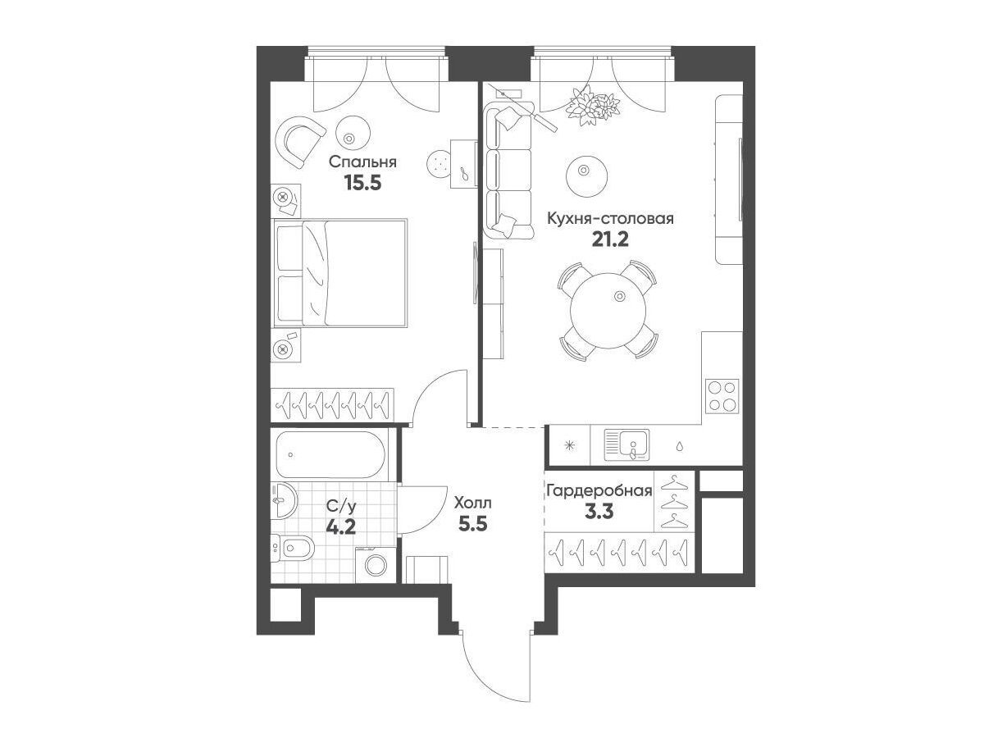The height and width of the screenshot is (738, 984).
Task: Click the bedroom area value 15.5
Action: (362, 182)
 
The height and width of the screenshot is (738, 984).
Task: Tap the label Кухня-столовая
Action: (610, 219)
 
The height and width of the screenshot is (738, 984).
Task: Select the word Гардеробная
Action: (599, 491)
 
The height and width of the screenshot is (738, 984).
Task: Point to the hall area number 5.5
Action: (472, 523)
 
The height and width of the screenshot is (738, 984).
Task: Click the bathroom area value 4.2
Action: (340, 527)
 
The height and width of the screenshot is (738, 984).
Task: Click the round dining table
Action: (608, 311)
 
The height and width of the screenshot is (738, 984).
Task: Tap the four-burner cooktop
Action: (722, 396)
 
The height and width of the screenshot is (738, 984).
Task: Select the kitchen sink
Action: (626, 445)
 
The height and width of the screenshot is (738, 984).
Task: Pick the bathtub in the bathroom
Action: (330, 455)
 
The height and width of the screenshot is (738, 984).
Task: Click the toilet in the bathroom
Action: (294, 548)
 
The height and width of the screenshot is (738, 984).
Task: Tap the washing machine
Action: (376, 565)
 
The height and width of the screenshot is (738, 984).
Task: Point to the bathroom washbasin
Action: (284, 500)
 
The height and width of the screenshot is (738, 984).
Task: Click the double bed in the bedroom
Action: (339, 273)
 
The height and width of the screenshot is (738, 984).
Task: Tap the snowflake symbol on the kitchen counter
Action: (569, 445)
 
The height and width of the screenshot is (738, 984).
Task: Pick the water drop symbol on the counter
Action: (680, 446)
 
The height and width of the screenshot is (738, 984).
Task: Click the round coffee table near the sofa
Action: (587, 171)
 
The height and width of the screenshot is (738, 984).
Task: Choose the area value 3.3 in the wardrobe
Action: (599, 512)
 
